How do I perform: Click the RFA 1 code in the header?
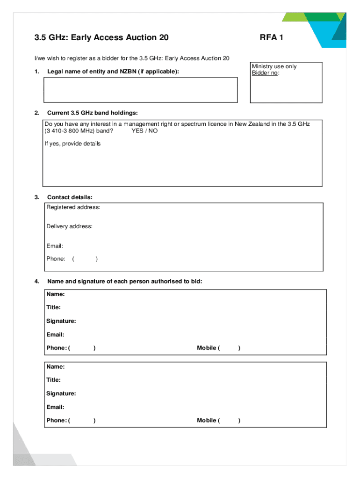coord(271,37)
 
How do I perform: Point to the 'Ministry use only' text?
coord(274,66)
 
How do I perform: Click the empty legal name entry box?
coord(140,90)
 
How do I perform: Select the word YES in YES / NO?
coord(137,131)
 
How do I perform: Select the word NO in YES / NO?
coord(153,131)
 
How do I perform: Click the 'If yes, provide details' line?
coord(72,144)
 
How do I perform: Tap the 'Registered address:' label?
coord(73,207)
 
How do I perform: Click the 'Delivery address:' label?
coord(69,226)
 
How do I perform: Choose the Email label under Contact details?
coord(54,246)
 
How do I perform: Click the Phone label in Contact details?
coord(56,259)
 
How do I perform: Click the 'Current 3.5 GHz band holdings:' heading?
coord(92,113)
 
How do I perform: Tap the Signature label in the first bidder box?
coord(61,321)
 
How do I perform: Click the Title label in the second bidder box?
coord(53,380)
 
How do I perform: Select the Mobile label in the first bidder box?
coord(206,348)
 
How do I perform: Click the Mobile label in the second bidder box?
coord(206,421)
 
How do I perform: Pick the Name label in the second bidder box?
coord(55,367)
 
